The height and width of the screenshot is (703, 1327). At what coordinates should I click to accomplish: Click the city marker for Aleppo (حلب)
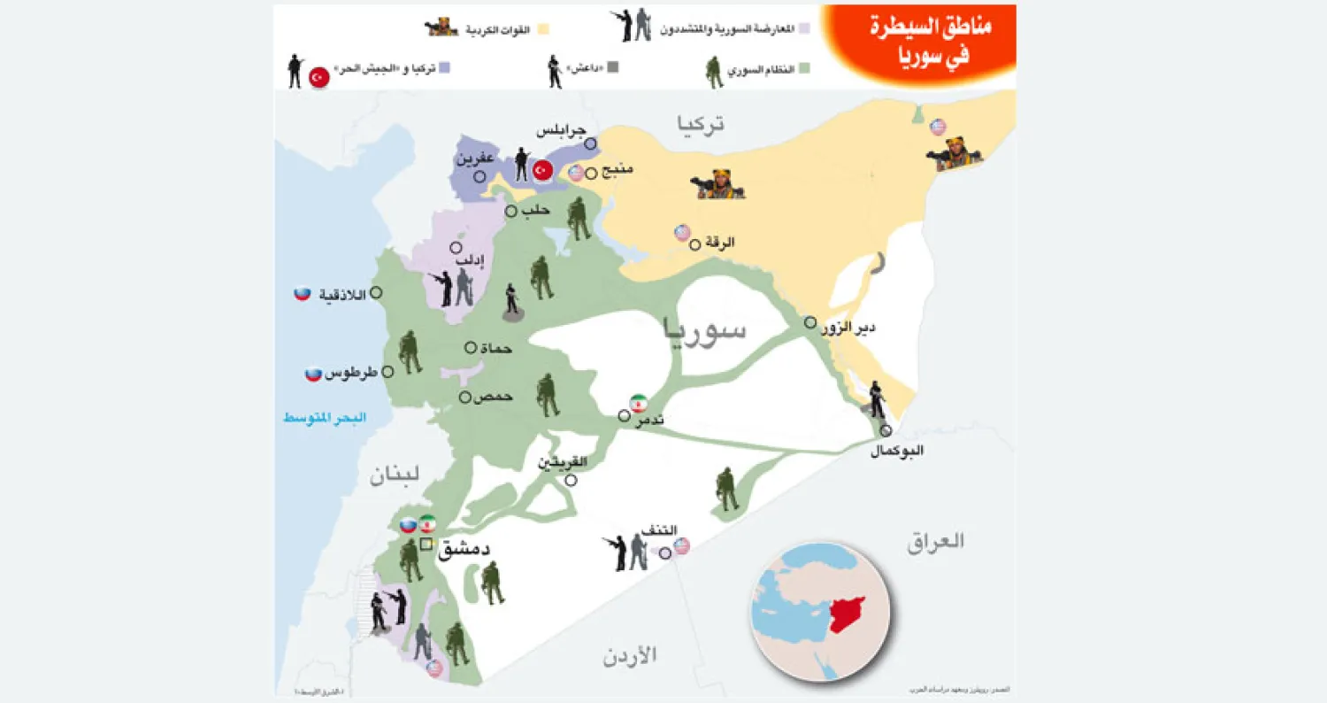[510, 212]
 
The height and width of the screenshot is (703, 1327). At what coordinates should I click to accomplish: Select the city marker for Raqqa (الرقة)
[695, 244]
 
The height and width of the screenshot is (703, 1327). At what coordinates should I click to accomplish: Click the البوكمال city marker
[886, 430]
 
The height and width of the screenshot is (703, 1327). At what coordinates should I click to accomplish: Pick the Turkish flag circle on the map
[542, 170]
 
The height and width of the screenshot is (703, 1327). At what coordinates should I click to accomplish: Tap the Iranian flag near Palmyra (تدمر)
[638, 402]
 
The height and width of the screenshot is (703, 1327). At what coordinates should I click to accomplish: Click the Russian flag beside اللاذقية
[303, 293]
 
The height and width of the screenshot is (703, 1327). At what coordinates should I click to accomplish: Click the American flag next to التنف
[681, 545]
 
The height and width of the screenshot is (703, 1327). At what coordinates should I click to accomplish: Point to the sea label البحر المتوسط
[324, 417]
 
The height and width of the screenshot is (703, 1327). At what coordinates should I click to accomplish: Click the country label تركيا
[700, 125]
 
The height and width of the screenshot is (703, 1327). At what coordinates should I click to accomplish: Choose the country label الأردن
[632, 656]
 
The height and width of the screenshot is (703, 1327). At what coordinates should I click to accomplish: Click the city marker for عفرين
[479, 176]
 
